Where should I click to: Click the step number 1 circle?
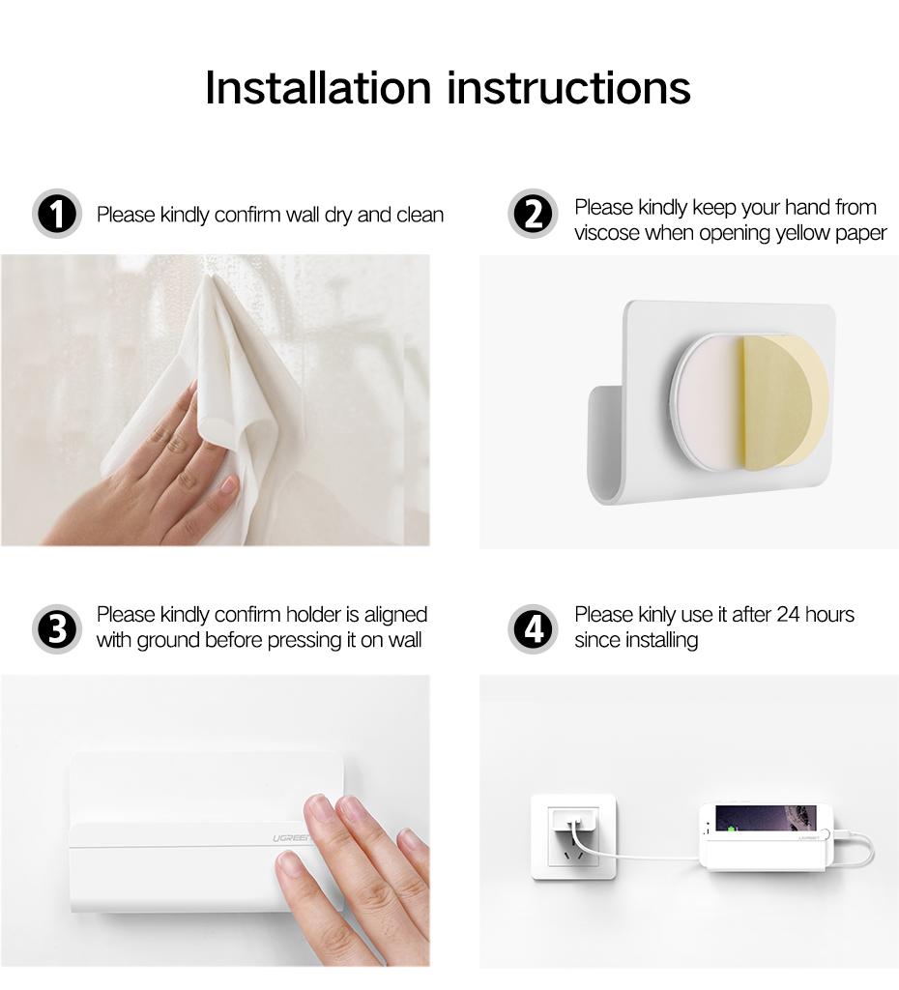click(x=57, y=214)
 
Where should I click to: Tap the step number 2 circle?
click(x=533, y=214)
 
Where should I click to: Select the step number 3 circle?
click(x=57, y=629)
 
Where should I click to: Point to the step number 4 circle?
click(x=533, y=629)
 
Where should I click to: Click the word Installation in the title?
click(x=318, y=87)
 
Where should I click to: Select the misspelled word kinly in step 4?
click(x=657, y=615)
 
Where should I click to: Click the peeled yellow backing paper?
click(x=783, y=396)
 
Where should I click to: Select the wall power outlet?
click(x=573, y=836)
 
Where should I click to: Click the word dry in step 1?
click(x=337, y=215)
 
